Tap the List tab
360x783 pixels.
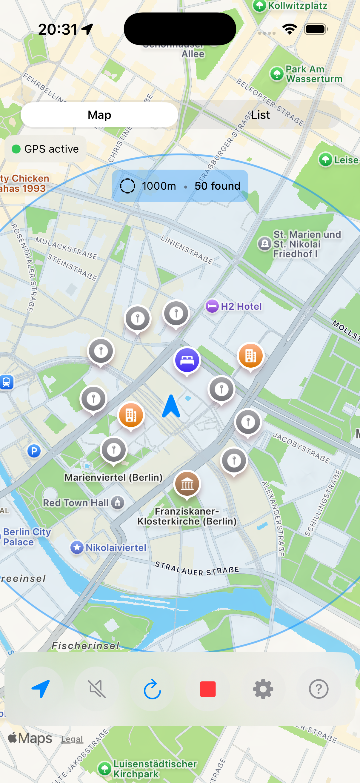click(260, 115)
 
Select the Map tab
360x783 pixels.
click(99, 115)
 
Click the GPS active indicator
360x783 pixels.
click(46, 149)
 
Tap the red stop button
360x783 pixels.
click(208, 689)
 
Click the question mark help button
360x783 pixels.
click(319, 689)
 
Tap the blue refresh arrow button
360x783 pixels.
click(152, 689)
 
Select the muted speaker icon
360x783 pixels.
click(97, 689)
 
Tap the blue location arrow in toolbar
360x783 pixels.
click(41, 689)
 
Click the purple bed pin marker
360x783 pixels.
click(187, 360)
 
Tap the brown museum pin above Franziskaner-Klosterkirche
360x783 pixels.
click(187, 483)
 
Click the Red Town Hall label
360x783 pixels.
click(76, 503)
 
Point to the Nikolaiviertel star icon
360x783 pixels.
click(77, 547)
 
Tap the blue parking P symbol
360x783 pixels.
click(34, 451)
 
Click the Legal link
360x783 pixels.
click(72, 739)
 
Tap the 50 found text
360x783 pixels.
click(218, 186)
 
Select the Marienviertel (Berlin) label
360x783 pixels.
click(113, 477)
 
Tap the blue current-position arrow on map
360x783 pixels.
click(171, 406)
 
